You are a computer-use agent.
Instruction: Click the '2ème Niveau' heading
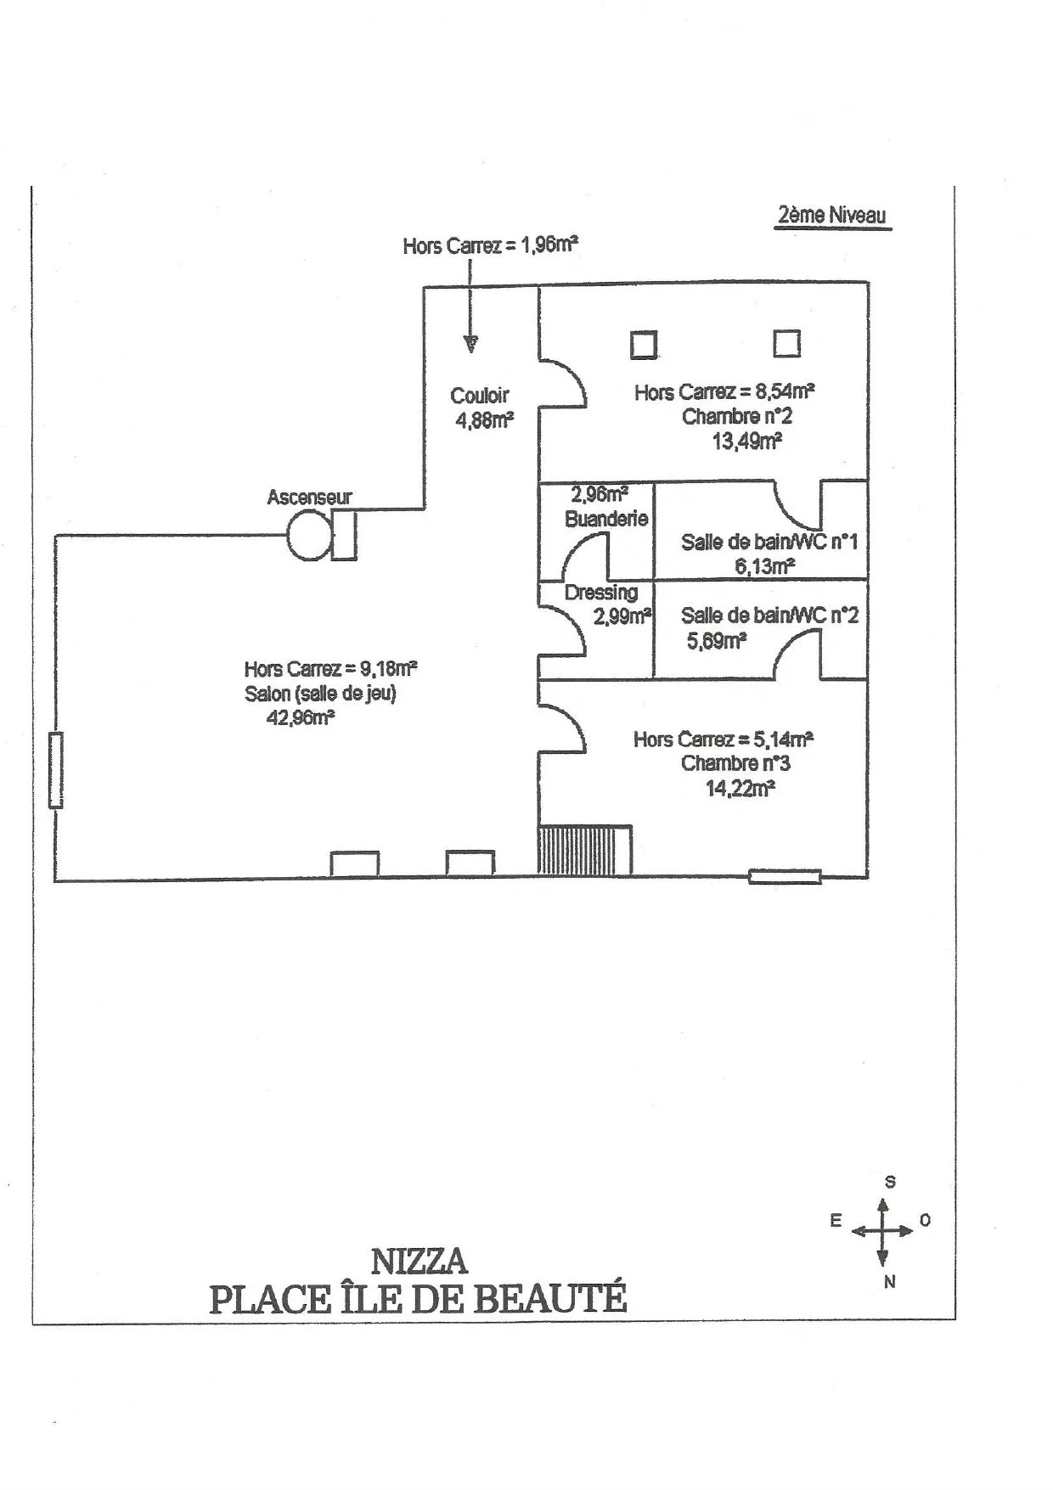click(x=831, y=215)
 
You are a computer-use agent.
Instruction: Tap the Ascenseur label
click(x=309, y=498)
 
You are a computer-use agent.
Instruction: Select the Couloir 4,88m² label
click(x=481, y=408)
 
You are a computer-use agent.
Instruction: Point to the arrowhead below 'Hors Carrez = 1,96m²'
click(x=470, y=344)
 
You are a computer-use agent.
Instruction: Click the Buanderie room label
click(x=606, y=519)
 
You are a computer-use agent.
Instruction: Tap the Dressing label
click(x=600, y=593)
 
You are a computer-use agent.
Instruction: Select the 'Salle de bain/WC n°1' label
click(x=769, y=542)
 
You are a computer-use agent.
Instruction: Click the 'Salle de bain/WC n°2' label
click(x=769, y=615)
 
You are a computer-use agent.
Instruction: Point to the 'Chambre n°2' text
click(x=737, y=417)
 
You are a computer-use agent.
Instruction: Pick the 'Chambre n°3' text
click(x=735, y=763)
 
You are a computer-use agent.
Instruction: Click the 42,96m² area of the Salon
click(x=300, y=718)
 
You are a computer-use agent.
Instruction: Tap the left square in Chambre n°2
click(x=643, y=344)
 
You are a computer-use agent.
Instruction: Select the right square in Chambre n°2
click(x=786, y=343)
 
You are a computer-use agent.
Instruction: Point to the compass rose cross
click(x=883, y=1230)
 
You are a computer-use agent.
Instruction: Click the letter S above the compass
click(x=890, y=1182)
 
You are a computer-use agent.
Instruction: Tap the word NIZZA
click(x=420, y=1262)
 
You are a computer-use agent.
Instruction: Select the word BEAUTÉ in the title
click(x=549, y=1299)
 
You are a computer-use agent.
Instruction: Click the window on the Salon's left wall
click(x=56, y=771)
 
